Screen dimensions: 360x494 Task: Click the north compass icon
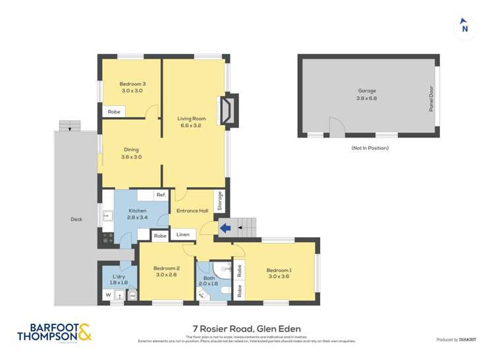464,27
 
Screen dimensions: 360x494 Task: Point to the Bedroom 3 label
132,84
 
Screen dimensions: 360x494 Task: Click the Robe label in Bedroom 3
114,112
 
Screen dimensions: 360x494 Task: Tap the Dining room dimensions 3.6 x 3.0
131,157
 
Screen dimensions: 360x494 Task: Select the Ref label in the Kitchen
160,195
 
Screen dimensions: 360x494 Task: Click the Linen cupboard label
183,235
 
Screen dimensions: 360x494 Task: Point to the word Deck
76,219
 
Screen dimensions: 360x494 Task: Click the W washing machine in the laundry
107,296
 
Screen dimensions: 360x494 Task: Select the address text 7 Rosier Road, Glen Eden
246,328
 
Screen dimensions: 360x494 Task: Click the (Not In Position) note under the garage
370,148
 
